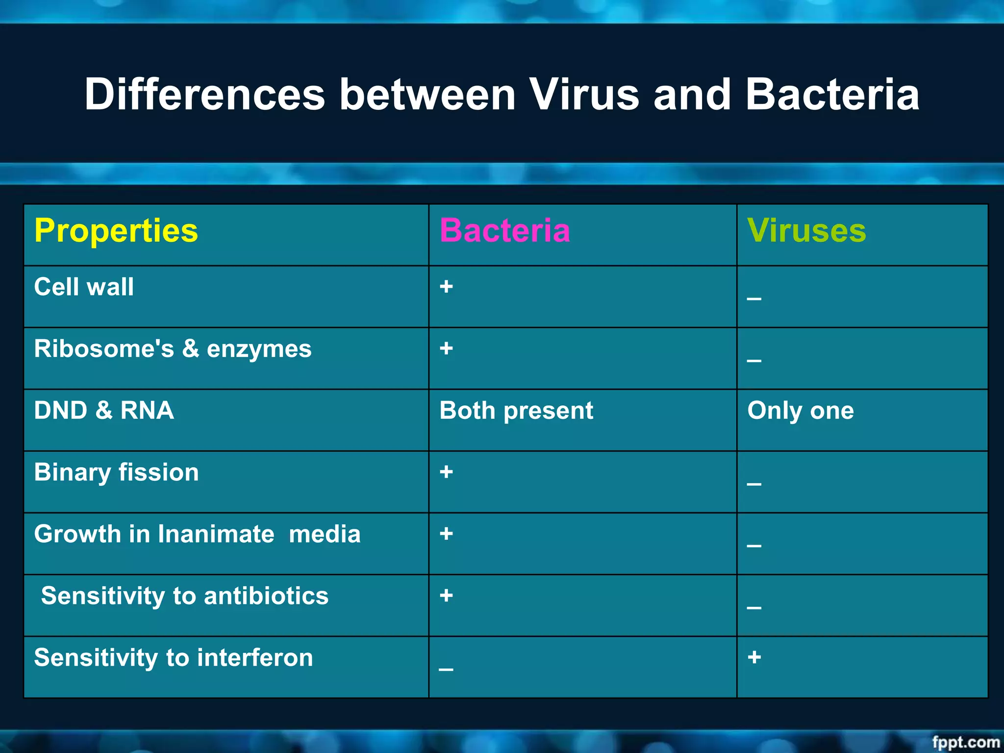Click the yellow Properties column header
click(x=116, y=230)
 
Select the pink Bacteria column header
click(x=504, y=230)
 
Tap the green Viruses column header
click(x=806, y=230)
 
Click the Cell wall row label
click(x=84, y=287)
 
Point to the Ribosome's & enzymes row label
click(x=173, y=349)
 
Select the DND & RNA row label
click(x=104, y=410)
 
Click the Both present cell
click(x=516, y=411)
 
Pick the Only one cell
click(x=800, y=411)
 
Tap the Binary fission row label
click(x=116, y=473)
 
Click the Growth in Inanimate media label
click(x=197, y=534)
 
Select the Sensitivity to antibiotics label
click(x=184, y=596)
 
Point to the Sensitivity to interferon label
click(x=173, y=657)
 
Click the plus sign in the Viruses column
click(x=754, y=657)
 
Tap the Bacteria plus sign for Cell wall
click(x=446, y=287)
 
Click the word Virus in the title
click(x=584, y=94)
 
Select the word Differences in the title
click(x=204, y=94)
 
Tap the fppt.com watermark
click(x=965, y=742)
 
